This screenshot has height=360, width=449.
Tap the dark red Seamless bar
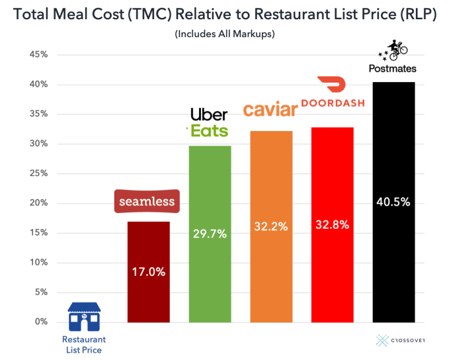point(148,298)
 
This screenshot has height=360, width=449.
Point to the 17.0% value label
point(148,272)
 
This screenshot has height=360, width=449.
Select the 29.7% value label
point(210,234)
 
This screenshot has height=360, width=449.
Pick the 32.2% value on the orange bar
point(271,226)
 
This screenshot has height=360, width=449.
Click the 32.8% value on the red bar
point(332,224)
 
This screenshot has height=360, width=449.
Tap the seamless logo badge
point(147,201)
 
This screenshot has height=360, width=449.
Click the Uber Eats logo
point(209,122)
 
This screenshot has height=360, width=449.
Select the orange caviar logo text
point(270,110)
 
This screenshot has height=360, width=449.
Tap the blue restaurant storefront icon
point(84,317)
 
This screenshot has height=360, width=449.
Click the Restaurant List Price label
point(84,344)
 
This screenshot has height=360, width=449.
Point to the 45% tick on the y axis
point(38,55)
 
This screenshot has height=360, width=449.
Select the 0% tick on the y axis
point(41,322)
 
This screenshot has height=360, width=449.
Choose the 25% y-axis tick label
point(38,173)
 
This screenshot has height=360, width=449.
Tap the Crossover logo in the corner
point(400,340)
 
